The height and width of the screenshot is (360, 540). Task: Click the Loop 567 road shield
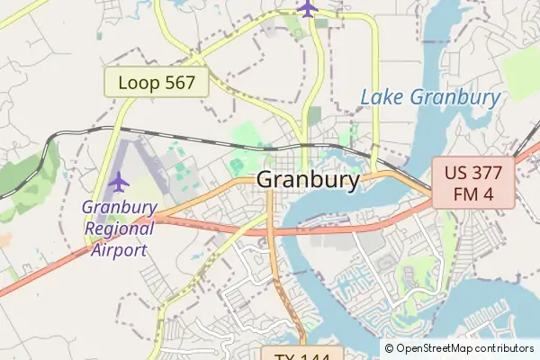click(x=157, y=83)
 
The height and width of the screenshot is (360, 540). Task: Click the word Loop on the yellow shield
click(x=138, y=83)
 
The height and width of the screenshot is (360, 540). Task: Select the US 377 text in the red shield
click(x=472, y=173)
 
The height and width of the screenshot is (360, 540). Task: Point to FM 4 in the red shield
click(x=472, y=193)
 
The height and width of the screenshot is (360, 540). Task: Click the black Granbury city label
click(x=308, y=179)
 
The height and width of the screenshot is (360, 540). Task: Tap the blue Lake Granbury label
click(x=430, y=97)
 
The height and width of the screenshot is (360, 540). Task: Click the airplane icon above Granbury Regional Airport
click(x=118, y=181)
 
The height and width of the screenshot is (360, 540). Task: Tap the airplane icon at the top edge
click(x=308, y=8)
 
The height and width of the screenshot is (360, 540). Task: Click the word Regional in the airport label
click(x=119, y=228)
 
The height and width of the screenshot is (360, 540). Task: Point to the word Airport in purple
click(x=119, y=248)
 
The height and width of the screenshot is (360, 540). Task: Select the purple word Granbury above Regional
click(x=119, y=207)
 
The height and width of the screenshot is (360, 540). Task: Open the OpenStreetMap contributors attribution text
click(x=459, y=348)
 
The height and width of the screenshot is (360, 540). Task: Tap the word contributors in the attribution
click(x=504, y=348)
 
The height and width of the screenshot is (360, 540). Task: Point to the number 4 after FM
click(x=489, y=193)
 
